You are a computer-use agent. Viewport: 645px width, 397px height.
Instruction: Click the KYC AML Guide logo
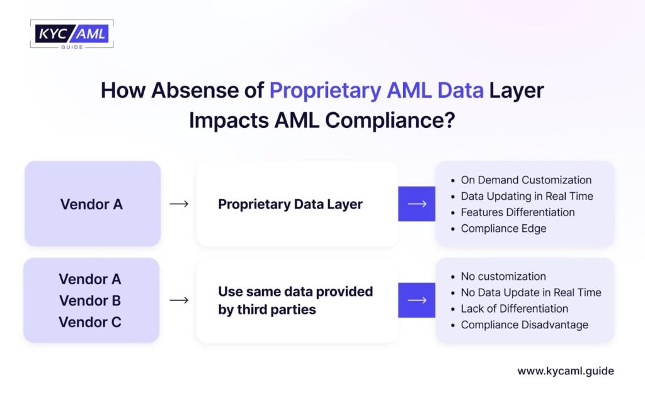[71, 34]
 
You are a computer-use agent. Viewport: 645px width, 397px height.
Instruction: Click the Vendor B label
[90, 301]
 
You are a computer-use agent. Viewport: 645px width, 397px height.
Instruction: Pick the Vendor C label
[90, 322]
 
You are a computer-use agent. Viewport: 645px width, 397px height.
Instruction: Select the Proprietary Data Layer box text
[290, 204]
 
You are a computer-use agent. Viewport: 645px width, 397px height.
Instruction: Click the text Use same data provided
[295, 292]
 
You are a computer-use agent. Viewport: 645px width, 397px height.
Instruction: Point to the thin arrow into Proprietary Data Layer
[179, 204]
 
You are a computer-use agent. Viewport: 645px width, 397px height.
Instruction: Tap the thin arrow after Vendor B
[179, 301]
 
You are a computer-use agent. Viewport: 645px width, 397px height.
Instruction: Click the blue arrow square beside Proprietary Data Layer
[416, 204]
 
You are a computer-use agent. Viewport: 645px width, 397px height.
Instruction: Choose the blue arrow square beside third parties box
[416, 301]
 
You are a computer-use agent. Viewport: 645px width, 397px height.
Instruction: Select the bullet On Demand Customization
[526, 180]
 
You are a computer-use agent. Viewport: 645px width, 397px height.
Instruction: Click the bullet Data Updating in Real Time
[527, 196]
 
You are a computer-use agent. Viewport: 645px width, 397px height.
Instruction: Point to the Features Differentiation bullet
[517, 212]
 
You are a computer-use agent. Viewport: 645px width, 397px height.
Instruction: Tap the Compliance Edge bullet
[503, 229]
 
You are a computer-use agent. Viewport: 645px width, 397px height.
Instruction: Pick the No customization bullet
[503, 277]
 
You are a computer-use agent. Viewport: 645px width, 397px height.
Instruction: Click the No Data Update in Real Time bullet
[530, 292]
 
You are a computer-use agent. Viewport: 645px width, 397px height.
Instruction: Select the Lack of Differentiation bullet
[514, 309]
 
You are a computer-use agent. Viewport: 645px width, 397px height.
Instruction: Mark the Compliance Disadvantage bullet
[524, 325]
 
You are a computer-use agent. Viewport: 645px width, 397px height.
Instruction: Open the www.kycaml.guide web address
[565, 371]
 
